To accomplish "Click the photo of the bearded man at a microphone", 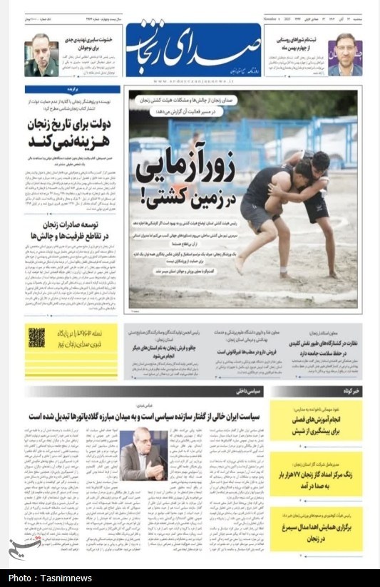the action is pyautogui.click(x=143, y=454).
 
